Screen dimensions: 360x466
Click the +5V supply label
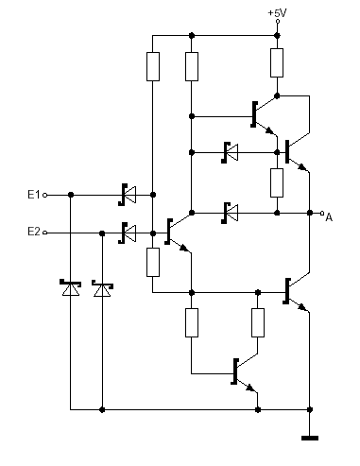point(277,13)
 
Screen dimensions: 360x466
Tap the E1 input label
point(34,195)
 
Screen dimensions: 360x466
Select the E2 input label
point(34,232)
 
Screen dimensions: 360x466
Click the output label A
point(329,217)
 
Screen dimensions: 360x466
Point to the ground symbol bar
point(310,438)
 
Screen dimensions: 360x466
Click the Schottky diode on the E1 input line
point(128,195)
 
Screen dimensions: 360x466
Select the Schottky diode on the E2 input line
point(128,233)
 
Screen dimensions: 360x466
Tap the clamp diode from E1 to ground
point(70,287)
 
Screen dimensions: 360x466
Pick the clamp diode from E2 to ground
point(102,288)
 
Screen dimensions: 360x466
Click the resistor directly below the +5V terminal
point(277,62)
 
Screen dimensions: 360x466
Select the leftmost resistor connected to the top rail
point(153,66)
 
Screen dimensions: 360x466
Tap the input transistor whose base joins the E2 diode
point(178,232)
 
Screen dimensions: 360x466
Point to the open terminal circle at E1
point(45,195)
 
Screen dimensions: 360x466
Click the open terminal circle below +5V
point(278,22)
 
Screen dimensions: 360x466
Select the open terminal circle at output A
point(322,214)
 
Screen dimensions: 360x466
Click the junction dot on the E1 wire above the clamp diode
point(71,195)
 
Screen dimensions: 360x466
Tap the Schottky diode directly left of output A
point(230,213)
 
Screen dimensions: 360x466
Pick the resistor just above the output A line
point(277,182)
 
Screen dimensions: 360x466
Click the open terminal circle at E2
point(45,233)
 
